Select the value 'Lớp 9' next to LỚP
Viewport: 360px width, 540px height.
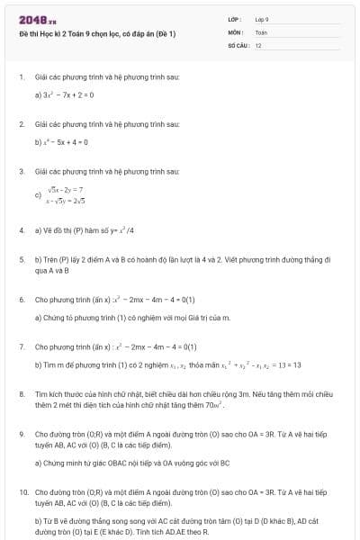click(x=262, y=19)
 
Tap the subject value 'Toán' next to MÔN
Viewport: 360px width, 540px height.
click(x=261, y=31)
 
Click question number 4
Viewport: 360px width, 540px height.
click(x=21, y=229)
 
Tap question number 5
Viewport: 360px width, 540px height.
click(x=21, y=258)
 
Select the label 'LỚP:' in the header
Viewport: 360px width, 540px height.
click(x=234, y=19)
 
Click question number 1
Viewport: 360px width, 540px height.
click(x=21, y=77)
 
